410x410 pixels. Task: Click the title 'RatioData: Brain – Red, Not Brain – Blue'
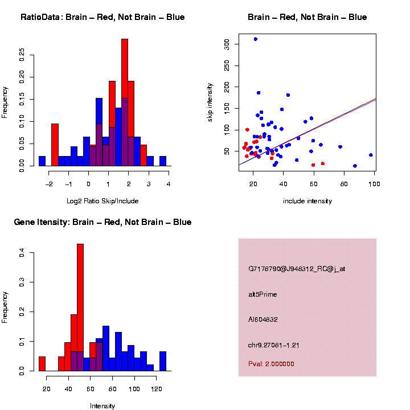pyautogui.click(x=102, y=17)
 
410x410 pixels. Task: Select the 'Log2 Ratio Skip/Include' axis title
pyautogui.click(x=102, y=201)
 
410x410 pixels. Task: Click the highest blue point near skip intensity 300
pyautogui.click(x=256, y=39)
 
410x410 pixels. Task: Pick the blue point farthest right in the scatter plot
pyautogui.click(x=371, y=155)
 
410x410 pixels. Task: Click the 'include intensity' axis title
pyautogui.click(x=307, y=201)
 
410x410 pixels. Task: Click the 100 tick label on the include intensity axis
pyautogui.click(x=374, y=183)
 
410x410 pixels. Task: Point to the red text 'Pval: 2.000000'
pyautogui.click(x=271, y=364)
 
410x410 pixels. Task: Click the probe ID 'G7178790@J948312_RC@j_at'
pyautogui.click(x=296, y=269)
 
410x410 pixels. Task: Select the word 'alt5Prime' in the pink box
pyautogui.click(x=263, y=294)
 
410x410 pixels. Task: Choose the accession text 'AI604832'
pyautogui.click(x=263, y=319)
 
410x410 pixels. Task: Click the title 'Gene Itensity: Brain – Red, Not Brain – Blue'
pyautogui.click(x=102, y=222)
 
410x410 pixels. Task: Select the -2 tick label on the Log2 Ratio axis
pyautogui.click(x=49, y=183)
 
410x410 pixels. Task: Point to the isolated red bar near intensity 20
pyautogui.click(x=42, y=363)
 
